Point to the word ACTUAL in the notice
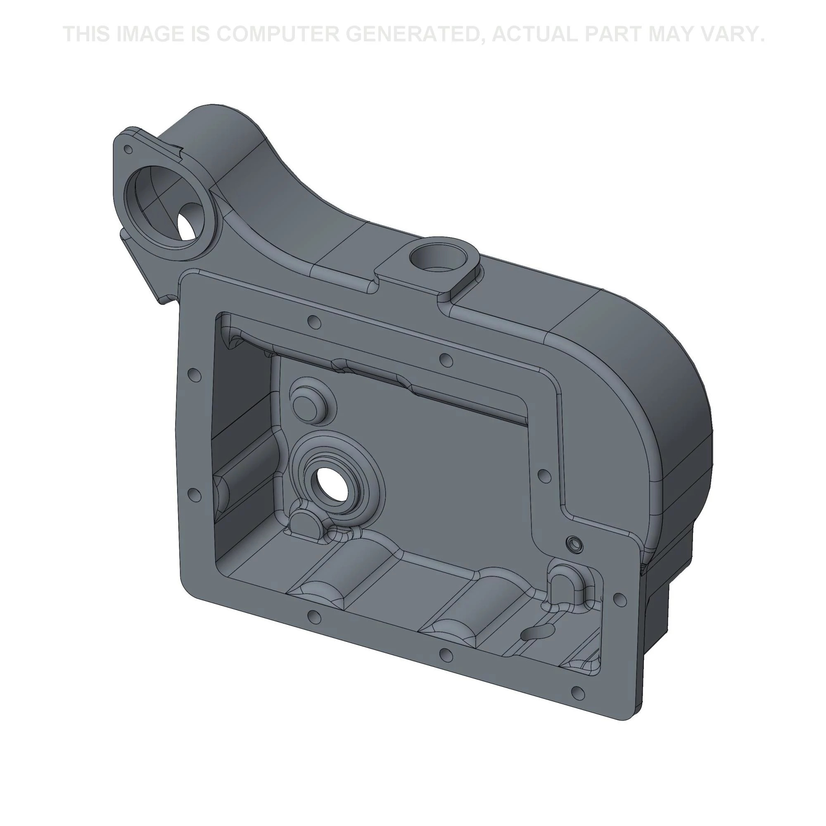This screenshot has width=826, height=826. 534,34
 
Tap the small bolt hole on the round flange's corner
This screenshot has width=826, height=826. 127,149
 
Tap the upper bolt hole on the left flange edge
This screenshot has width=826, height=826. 195,375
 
